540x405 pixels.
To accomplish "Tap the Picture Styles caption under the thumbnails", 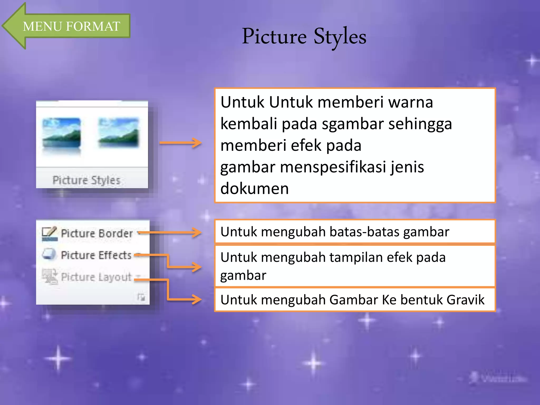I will pos(86,180).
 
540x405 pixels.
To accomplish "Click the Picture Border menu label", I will pos(97,234).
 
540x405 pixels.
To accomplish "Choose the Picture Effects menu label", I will pos(96,255).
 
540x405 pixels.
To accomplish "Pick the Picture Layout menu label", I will pos(96,277).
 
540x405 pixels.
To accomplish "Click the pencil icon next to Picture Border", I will pos(50,233).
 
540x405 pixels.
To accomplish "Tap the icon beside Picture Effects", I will pos(49,254).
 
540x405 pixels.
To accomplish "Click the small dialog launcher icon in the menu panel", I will pos(141,297).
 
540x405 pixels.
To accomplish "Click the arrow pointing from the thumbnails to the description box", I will pos(181,143).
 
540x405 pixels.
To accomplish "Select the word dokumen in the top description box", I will pos(254,189).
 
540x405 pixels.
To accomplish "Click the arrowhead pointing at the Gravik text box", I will pos(196,300).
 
